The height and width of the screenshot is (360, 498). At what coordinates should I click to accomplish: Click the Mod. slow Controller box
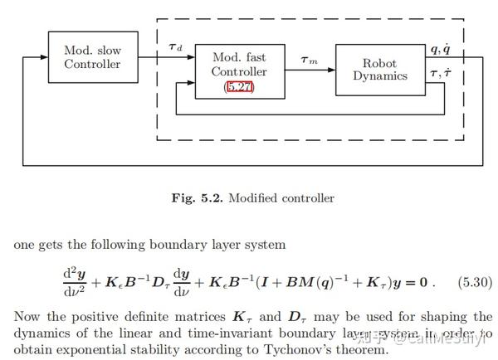92,57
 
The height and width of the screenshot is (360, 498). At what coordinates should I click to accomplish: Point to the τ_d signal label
175,47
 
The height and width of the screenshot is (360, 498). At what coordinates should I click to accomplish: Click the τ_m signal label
308,60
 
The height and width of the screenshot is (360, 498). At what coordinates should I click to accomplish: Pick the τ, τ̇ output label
441,74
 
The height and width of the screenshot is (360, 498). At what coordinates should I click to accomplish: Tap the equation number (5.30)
474,282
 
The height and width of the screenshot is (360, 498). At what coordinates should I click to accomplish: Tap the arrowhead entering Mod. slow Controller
44,57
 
